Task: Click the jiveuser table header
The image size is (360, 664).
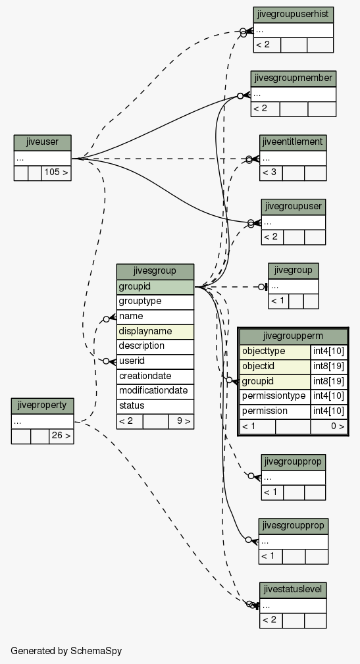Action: [42, 142]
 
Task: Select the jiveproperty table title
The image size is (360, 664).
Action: [42, 405]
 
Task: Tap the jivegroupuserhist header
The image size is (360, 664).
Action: [293, 14]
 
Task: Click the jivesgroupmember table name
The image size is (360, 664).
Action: [293, 78]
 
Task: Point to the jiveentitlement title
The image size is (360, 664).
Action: [293, 142]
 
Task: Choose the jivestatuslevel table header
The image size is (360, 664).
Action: [293, 590]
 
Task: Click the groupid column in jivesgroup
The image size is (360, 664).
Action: [155, 287]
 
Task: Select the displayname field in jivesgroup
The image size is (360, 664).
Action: [155, 331]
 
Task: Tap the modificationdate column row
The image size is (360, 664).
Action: [155, 390]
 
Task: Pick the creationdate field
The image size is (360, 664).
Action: [155, 376]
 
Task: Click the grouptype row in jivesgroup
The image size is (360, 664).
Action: [155, 301]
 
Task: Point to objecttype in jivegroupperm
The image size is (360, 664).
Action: [275, 351]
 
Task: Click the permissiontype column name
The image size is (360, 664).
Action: [275, 396]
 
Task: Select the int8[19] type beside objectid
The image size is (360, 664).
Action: [328, 367]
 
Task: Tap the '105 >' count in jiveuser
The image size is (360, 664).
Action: [56, 173]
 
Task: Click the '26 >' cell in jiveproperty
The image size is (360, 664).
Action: [61, 436]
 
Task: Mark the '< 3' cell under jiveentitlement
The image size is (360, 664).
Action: [271, 173]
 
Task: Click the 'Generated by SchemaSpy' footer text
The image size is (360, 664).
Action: [66, 651]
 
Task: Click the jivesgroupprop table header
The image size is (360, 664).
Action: [293, 526]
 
